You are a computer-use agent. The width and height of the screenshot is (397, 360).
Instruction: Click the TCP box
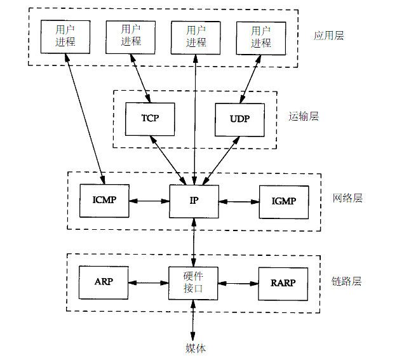(150, 119)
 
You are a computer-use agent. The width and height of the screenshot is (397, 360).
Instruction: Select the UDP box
(239, 119)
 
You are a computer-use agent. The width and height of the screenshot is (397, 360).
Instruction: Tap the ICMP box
(104, 201)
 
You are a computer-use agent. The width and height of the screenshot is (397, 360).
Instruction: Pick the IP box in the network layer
(194, 201)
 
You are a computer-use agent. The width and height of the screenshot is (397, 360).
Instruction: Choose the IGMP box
(284, 201)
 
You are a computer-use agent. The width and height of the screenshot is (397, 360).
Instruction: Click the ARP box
(104, 282)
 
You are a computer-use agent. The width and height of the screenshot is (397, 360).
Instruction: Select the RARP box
(284, 282)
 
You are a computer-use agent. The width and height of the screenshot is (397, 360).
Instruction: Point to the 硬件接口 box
(194, 283)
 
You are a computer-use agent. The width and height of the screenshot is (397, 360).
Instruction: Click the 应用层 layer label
(328, 36)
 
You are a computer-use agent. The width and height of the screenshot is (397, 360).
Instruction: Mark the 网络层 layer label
(347, 199)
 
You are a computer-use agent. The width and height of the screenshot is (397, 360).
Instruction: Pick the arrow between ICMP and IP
(149, 202)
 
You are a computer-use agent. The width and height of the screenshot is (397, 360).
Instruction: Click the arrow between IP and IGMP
(239, 202)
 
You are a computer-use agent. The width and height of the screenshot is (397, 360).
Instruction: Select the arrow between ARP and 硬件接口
(149, 283)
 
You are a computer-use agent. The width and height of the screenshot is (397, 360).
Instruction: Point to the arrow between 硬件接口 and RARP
(239, 283)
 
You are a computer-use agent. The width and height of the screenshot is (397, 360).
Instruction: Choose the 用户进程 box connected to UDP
(260, 36)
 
